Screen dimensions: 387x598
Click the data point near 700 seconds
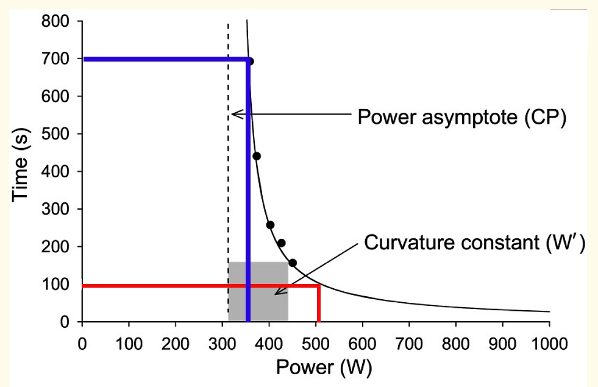click(x=250, y=61)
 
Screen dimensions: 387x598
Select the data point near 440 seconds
click(x=257, y=156)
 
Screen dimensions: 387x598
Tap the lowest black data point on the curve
click(x=293, y=263)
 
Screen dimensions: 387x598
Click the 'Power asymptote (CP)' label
click(x=462, y=116)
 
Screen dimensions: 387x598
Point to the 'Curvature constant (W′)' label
click(x=475, y=243)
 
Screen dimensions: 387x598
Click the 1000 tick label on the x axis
click(x=549, y=342)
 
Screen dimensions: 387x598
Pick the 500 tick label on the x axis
click(x=315, y=342)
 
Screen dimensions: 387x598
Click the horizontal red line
click(x=152, y=285)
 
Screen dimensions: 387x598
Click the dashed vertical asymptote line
click(x=228, y=183)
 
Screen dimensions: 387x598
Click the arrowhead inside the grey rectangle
click(x=277, y=292)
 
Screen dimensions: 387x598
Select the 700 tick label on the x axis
click(x=409, y=342)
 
